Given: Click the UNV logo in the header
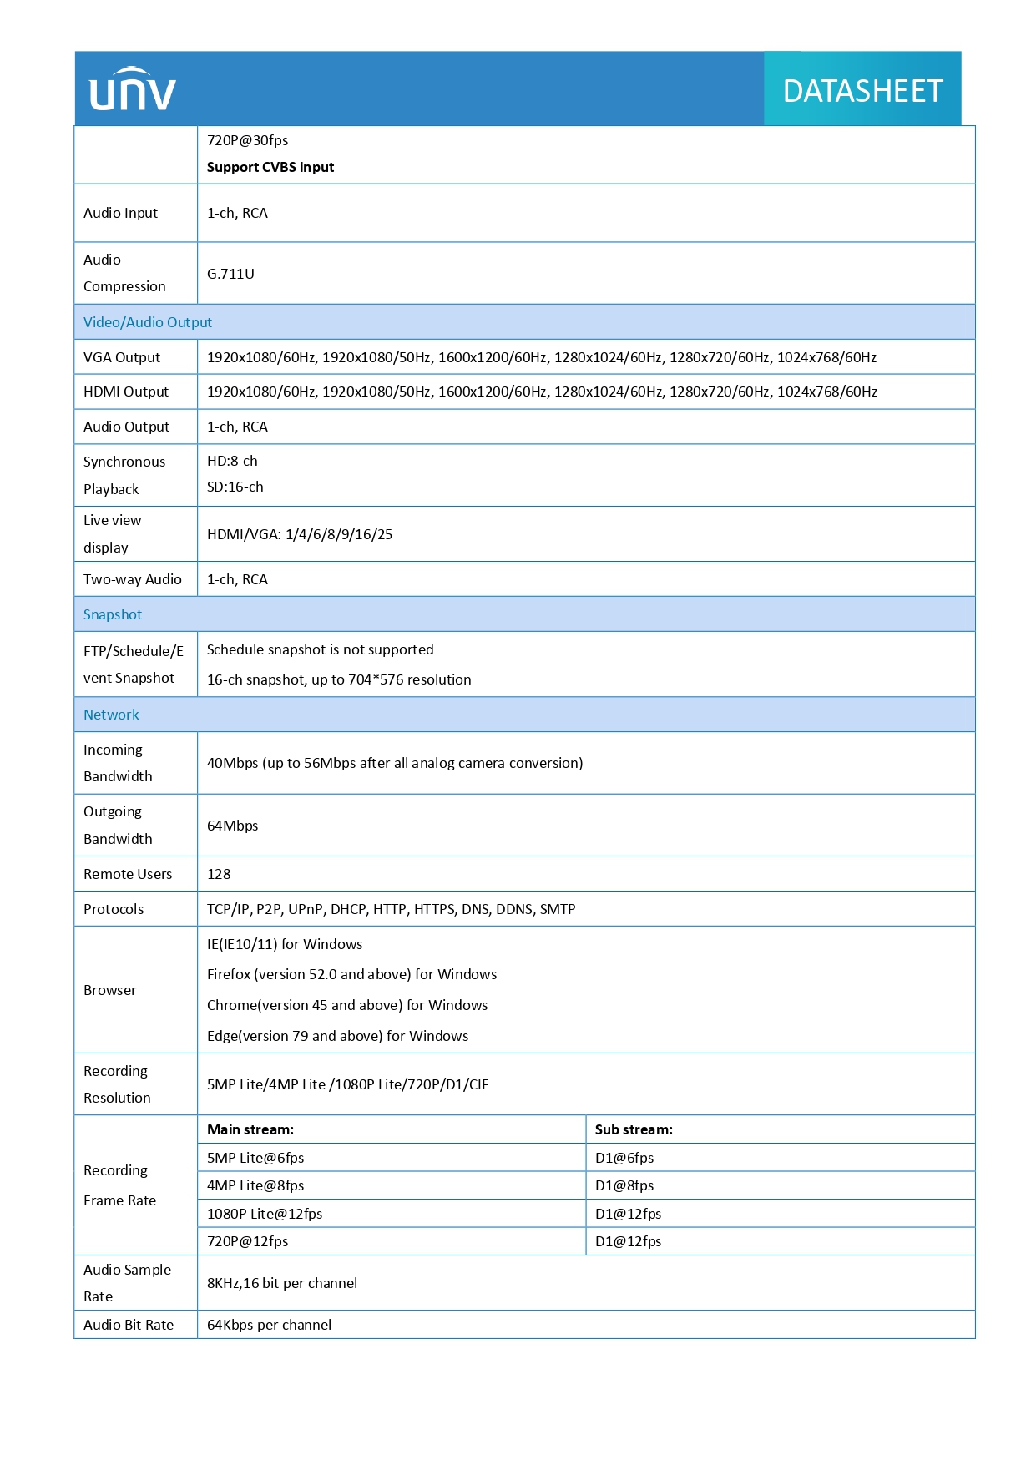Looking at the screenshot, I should coord(133,89).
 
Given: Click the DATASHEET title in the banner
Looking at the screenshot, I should coord(862,91).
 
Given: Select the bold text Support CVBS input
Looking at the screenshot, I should coord(270,167).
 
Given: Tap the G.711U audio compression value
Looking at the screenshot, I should coord(230,274).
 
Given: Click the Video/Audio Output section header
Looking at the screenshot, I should coord(148,322).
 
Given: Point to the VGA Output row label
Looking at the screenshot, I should coord(122,357).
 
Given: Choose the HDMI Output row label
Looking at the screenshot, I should coord(126,392).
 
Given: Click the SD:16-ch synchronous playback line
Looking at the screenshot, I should coord(235,487).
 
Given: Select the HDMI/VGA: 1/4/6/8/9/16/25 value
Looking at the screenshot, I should coord(300,534).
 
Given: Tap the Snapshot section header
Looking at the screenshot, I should coord(113,614).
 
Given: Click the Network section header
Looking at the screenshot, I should coord(111,715).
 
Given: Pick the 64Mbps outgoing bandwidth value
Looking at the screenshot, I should coord(233,826).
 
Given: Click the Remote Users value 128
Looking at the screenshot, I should coord(219,874).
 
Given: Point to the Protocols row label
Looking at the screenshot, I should coord(114,909).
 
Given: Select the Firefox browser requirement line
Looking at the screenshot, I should coord(351,974).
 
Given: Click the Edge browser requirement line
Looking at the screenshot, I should coord(337,1036).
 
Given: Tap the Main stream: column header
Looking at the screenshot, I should coord(250,1129).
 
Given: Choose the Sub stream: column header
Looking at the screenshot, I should coord(634,1129).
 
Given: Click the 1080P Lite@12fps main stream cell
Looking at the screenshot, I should coord(265,1214).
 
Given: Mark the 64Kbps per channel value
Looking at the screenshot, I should coord(269,1325).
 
